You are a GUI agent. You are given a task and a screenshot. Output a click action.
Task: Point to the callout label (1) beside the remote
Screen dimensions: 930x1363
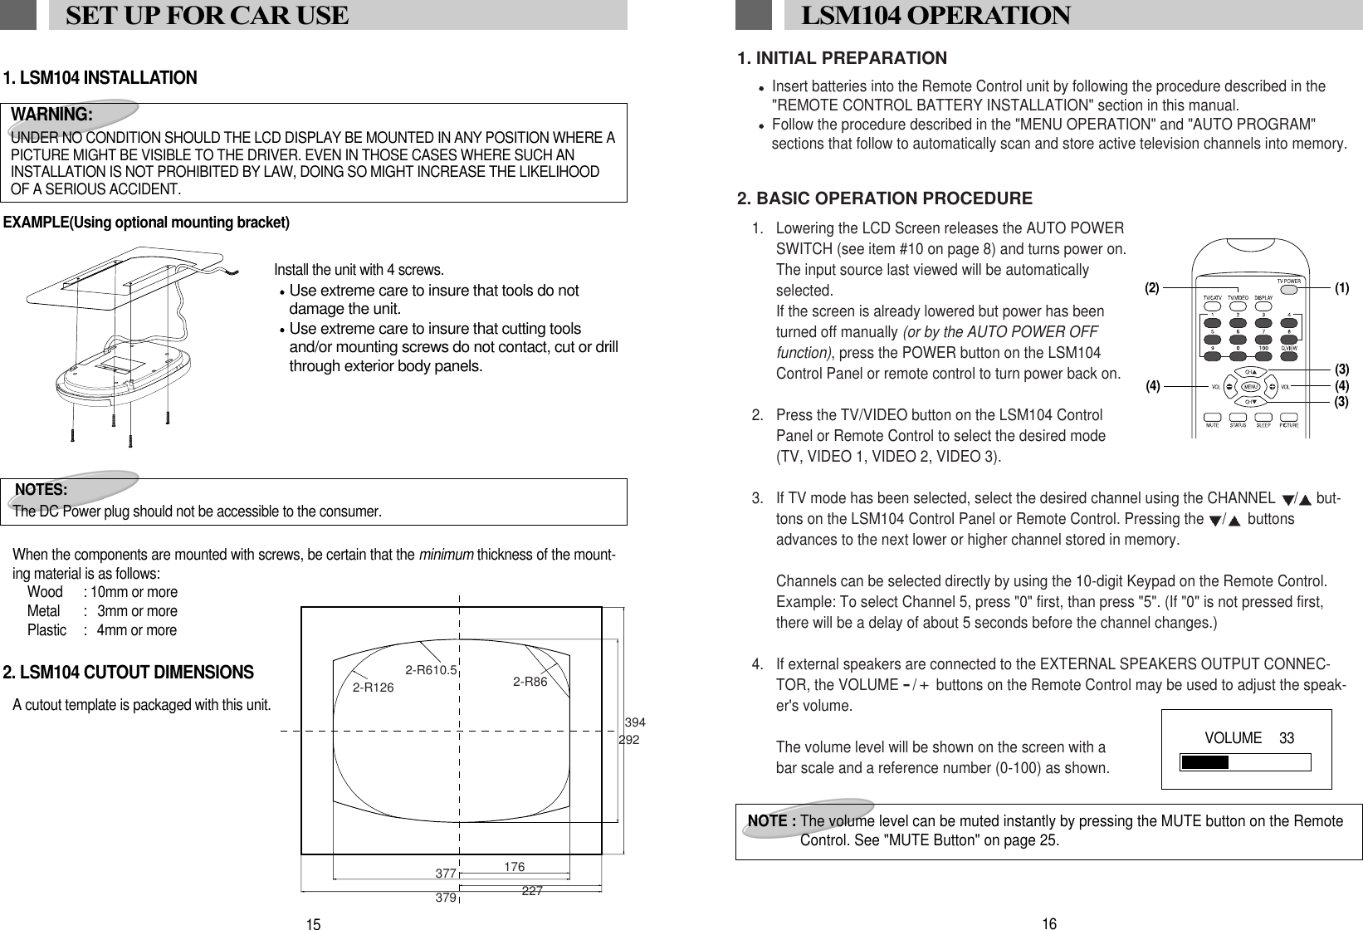point(1341,289)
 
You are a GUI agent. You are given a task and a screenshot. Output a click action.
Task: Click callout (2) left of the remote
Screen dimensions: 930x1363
point(1151,289)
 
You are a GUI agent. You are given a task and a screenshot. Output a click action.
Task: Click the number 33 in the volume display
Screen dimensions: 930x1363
point(1287,738)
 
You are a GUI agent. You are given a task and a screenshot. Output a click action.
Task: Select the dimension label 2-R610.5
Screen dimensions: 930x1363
point(432,669)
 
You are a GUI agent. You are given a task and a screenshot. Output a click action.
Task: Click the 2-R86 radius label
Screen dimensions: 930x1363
point(530,682)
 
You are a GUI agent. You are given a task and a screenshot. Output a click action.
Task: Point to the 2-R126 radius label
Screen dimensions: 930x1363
point(374,688)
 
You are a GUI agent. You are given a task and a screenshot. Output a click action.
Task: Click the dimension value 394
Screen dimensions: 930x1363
point(635,722)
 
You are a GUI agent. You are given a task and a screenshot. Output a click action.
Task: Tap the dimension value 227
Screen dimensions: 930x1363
point(532,890)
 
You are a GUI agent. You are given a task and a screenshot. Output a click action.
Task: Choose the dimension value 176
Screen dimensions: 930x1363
point(514,867)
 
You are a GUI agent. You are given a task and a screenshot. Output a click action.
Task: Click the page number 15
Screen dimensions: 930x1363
point(313,924)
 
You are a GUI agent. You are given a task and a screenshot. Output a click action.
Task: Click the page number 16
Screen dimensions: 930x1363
point(1049,923)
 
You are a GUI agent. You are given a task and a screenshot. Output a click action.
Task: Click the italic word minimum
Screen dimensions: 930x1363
point(447,555)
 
